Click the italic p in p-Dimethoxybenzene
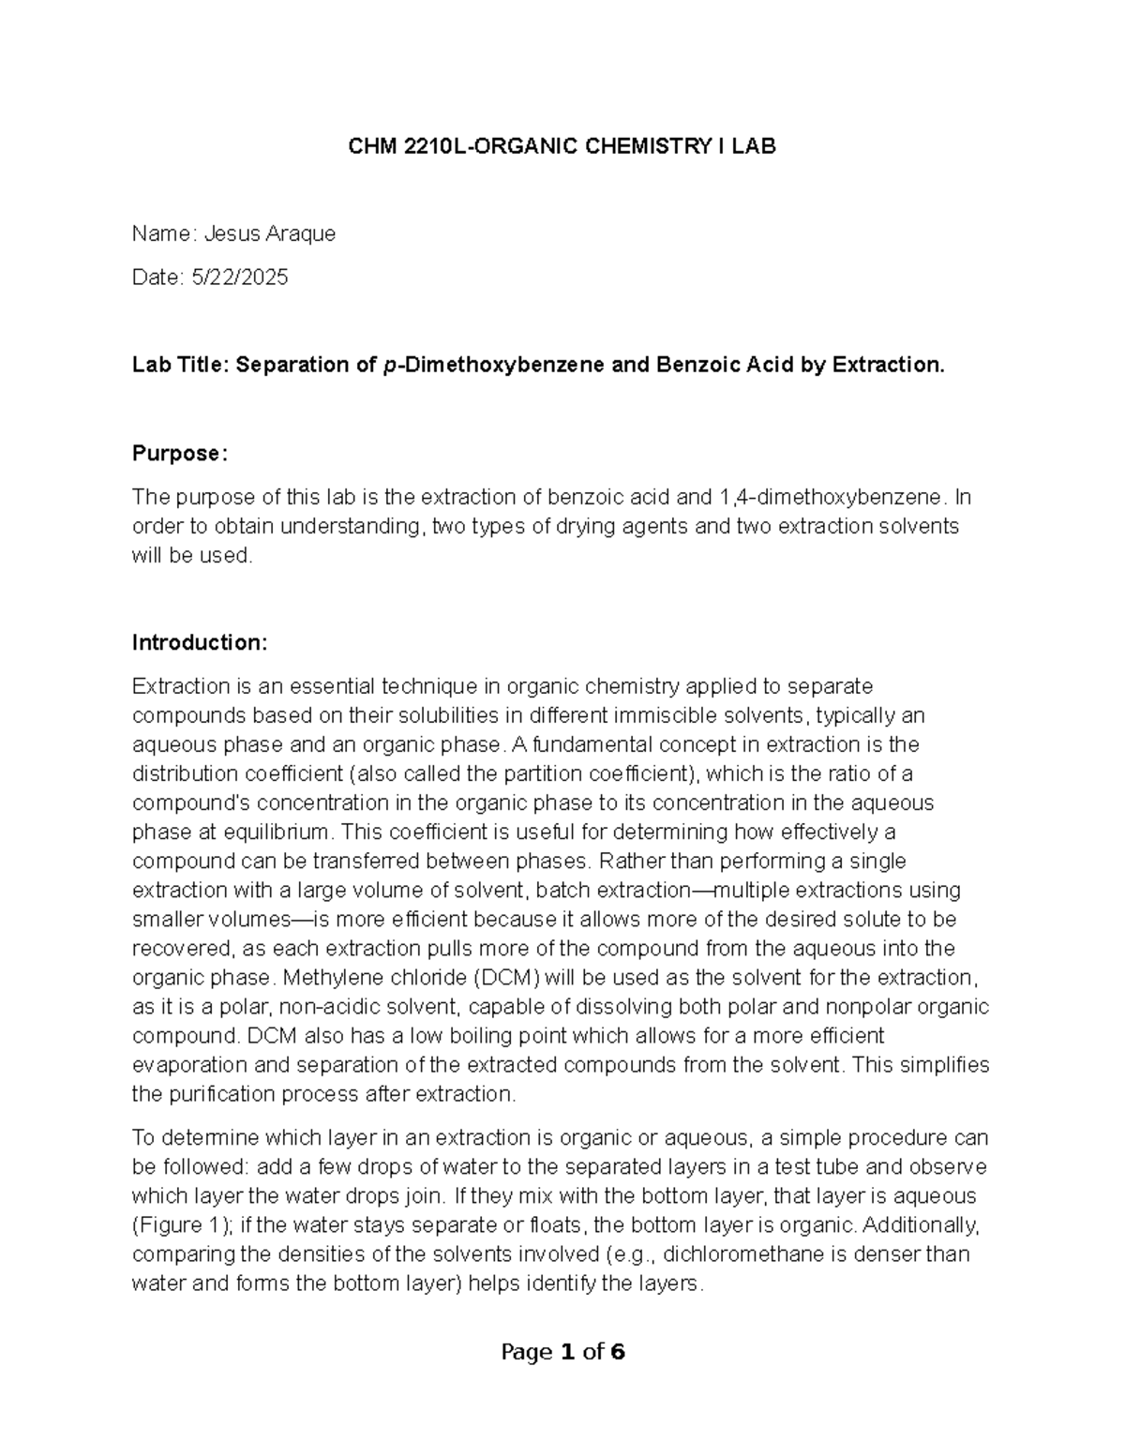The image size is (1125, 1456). pyautogui.click(x=389, y=365)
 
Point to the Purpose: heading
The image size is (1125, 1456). pyautogui.click(x=179, y=453)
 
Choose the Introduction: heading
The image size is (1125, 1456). pyautogui.click(x=200, y=642)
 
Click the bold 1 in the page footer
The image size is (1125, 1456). pyautogui.click(x=566, y=1353)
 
